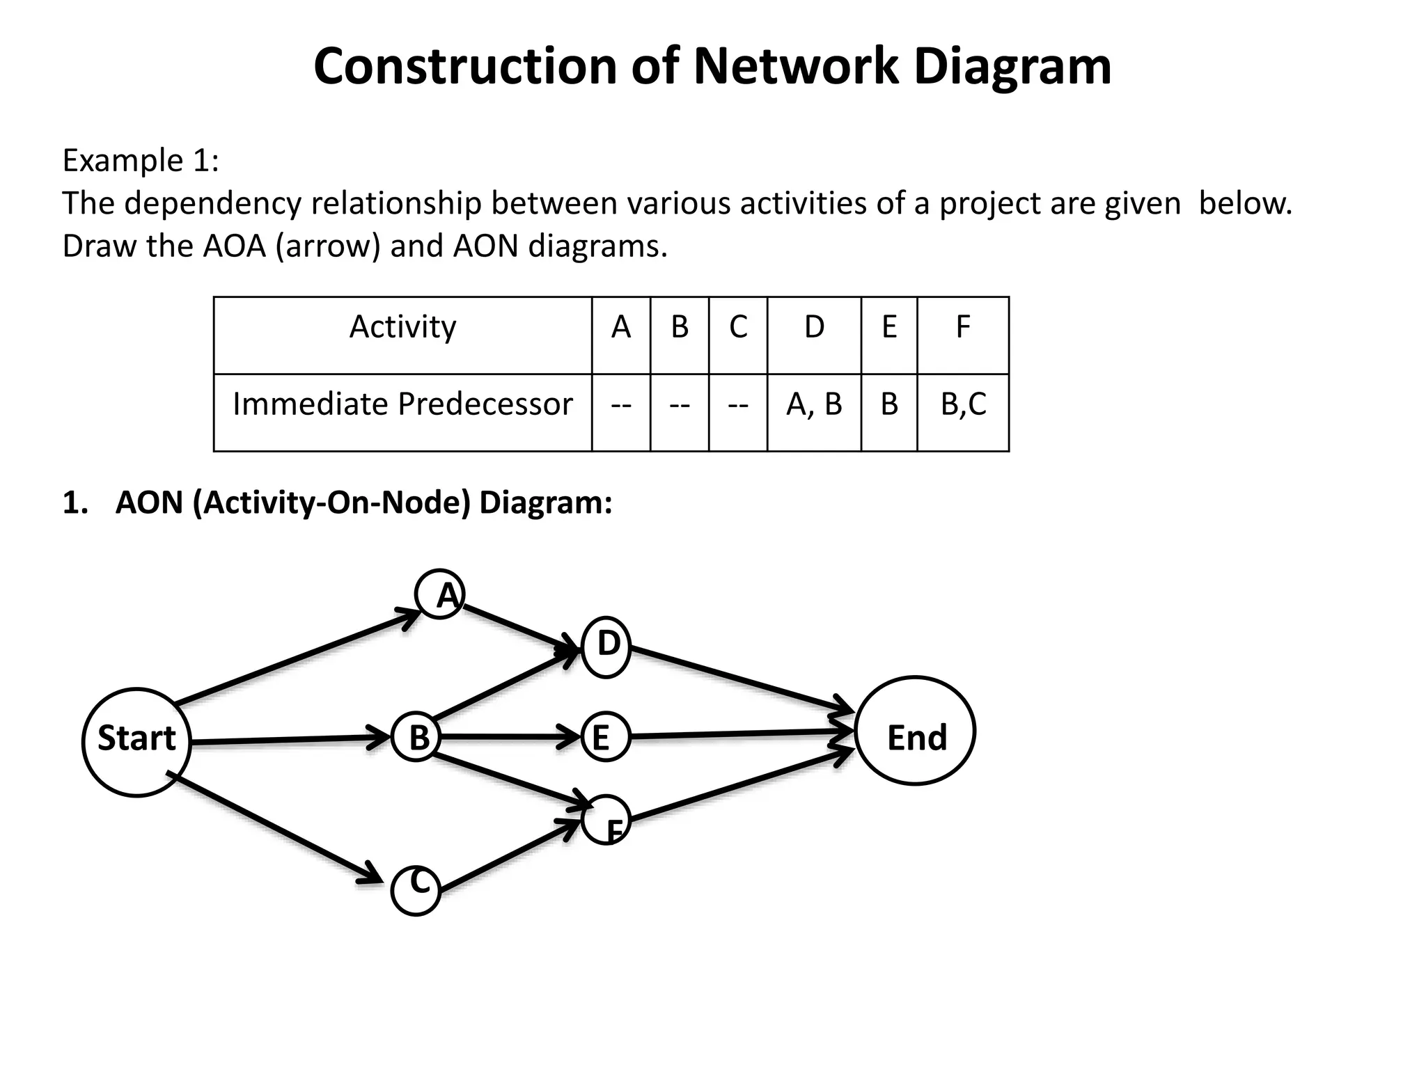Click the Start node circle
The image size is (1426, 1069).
(136, 742)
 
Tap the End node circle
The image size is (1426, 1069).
(915, 731)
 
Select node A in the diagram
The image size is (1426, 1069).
(440, 594)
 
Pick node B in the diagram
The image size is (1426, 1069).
(416, 737)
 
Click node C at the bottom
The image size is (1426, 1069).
(416, 890)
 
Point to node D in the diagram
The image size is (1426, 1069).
(606, 647)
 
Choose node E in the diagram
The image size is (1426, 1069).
(605, 737)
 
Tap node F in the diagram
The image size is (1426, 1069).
(606, 819)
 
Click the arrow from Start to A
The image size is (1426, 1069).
(292, 658)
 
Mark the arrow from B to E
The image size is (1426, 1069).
(508, 736)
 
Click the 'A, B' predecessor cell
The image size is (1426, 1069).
(814, 405)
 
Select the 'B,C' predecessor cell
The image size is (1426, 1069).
(963, 405)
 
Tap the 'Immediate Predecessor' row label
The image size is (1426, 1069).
(402, 405)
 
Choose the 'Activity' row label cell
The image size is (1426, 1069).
(402, 327)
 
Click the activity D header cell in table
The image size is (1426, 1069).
(814, 327)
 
